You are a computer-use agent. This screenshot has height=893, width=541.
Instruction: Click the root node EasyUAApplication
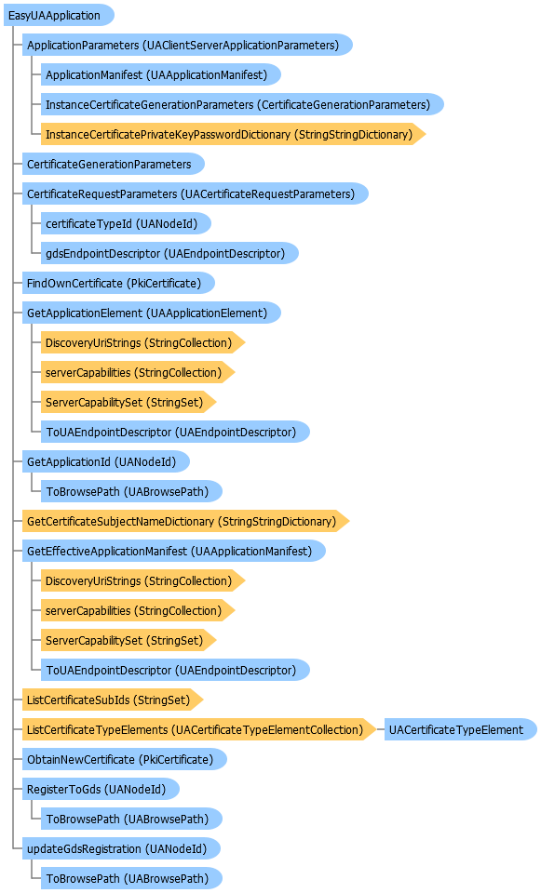point(59,16)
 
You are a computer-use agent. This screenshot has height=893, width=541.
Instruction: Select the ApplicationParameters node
point(187,45)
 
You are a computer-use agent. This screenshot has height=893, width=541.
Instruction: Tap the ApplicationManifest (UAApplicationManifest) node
point(161,74)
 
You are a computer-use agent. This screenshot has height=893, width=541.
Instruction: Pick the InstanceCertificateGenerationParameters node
point(242,105)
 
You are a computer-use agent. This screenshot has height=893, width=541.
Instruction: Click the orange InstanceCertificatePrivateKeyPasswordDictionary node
point(233,134)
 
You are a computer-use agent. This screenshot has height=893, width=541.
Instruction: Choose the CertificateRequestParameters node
point(195,194)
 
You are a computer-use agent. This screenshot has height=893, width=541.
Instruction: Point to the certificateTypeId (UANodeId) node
point(126,224)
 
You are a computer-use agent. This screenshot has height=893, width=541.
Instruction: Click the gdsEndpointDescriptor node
point(169,253)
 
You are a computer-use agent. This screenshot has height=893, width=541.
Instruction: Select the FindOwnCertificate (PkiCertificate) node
point(118,283)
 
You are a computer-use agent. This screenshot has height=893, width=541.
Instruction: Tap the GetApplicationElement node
point(152,313)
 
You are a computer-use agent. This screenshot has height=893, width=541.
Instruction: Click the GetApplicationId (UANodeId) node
point(106,462)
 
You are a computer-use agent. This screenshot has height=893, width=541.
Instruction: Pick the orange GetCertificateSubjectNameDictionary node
point(186,521)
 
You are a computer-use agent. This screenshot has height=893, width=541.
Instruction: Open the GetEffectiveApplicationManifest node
point(174,552)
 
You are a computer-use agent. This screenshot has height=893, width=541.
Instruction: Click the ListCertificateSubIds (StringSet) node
point(113,700)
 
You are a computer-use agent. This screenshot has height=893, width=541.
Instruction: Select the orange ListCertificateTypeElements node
point(199,729)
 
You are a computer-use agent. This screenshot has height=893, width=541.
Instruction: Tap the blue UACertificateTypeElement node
point(461,729)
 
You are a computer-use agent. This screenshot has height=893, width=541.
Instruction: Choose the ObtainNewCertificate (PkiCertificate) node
point(124,760)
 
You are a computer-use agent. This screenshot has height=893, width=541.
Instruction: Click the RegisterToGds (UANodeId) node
point(101,790)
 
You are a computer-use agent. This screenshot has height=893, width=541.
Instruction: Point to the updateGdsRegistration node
point(121,848)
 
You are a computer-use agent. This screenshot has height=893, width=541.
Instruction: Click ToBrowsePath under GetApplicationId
point(131,491)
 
